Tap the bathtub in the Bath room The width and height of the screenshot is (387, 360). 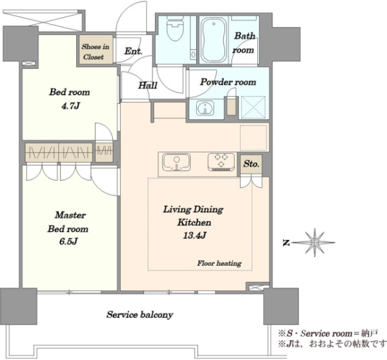click(x=213, y=41)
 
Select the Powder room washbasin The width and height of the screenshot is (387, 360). click(x=205, y=108)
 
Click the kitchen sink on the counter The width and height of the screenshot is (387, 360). click(x=177, y=163)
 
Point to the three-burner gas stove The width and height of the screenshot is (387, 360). click(x=221, y=162)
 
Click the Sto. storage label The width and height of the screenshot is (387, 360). click(x=252, y=164)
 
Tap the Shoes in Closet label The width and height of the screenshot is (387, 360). click(x=95, y=52)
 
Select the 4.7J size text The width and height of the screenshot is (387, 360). click(x=70, y=106)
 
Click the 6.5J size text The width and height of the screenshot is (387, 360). click(x=69, y=241)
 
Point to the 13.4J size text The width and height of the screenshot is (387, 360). click(x=195, y=235)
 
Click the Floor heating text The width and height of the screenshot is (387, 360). click(x=219, y=263)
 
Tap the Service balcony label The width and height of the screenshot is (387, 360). click(x=140, y=315)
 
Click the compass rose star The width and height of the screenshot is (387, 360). click(x=315, y=243)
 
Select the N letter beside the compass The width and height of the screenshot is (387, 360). click(x=286, y=243)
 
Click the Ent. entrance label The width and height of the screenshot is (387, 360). click(x=134, y=51)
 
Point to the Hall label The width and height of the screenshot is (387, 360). click(x=148, y=85)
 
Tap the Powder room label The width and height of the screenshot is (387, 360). click(x=228, y=82)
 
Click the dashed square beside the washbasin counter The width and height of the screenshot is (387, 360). click(x=253, y=108)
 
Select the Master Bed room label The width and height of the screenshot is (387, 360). click(x=68, y=222)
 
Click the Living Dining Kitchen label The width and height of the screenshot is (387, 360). click(x=193, y=215)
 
